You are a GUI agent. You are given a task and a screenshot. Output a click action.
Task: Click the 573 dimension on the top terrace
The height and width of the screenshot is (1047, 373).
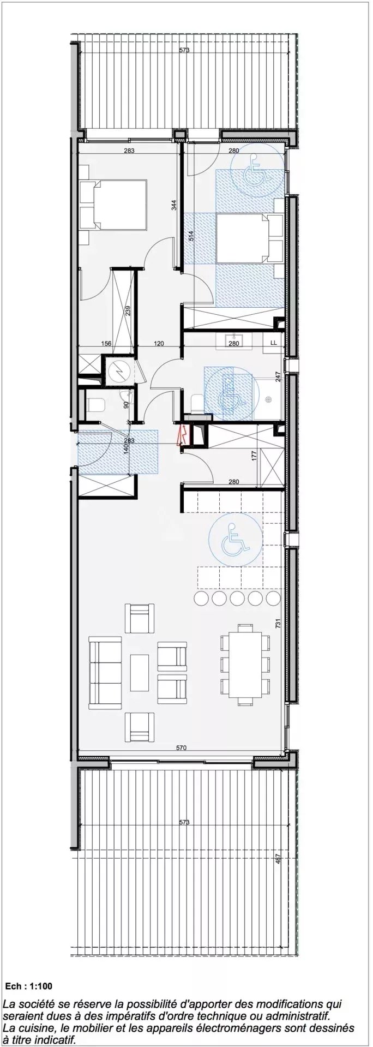point(184,51)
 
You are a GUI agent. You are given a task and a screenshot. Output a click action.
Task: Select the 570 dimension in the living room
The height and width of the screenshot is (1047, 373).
point(182,748)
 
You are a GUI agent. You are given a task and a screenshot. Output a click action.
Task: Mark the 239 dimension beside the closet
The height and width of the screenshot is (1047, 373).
point(128,311)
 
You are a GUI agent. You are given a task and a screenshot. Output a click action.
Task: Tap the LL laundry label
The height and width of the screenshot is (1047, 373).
point(273,344)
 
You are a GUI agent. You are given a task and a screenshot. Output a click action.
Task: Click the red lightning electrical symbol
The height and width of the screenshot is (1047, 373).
point(183,434)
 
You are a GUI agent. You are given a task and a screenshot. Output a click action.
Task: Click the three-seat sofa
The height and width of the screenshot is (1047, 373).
point(105,673)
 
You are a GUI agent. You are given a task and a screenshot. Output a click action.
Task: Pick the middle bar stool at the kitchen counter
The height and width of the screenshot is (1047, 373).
point(237,599)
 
